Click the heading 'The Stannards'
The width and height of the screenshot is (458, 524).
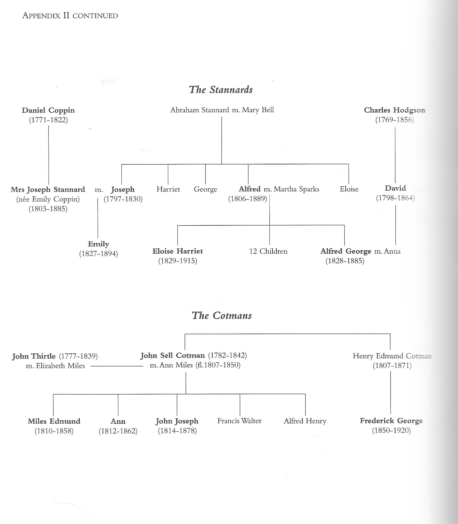click(x=221, y=89)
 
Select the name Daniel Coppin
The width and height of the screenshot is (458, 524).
click(x=48, y=110)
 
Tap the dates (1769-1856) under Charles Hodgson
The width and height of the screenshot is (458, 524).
click(x=394, y=120)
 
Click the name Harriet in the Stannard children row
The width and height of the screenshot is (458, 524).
click(x=168, y=189)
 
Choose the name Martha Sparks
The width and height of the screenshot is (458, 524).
click(x=296, y=189)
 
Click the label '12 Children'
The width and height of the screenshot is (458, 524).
click(x=268, y=251)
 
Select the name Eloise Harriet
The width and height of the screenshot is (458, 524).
click(x=178, y=251)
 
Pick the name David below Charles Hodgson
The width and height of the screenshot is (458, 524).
click(x=395, y=188)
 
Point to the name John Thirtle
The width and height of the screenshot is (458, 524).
click(x=34, y=356)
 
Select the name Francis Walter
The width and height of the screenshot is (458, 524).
click(x=239, y=421)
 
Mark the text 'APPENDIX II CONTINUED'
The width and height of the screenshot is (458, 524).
click(x=70, y=16)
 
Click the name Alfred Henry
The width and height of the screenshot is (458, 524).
click(x=305, y=421)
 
